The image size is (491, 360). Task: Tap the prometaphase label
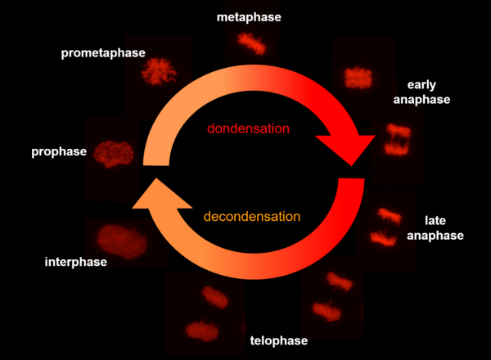tap(102, 53)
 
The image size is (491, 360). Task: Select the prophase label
tap(58, 151)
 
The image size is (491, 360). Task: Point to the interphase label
tap(75, 262)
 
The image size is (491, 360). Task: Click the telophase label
tap(279, 340)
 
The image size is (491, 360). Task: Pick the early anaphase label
tap(428, 92)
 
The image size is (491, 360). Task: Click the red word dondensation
tap(248, 128)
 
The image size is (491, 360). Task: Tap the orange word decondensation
tap(250, 217)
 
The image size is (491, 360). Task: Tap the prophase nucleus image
tap(113, 153)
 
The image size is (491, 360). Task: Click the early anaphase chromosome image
tap(399, 138)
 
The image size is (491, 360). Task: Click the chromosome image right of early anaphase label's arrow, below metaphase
tap(358, 78)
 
